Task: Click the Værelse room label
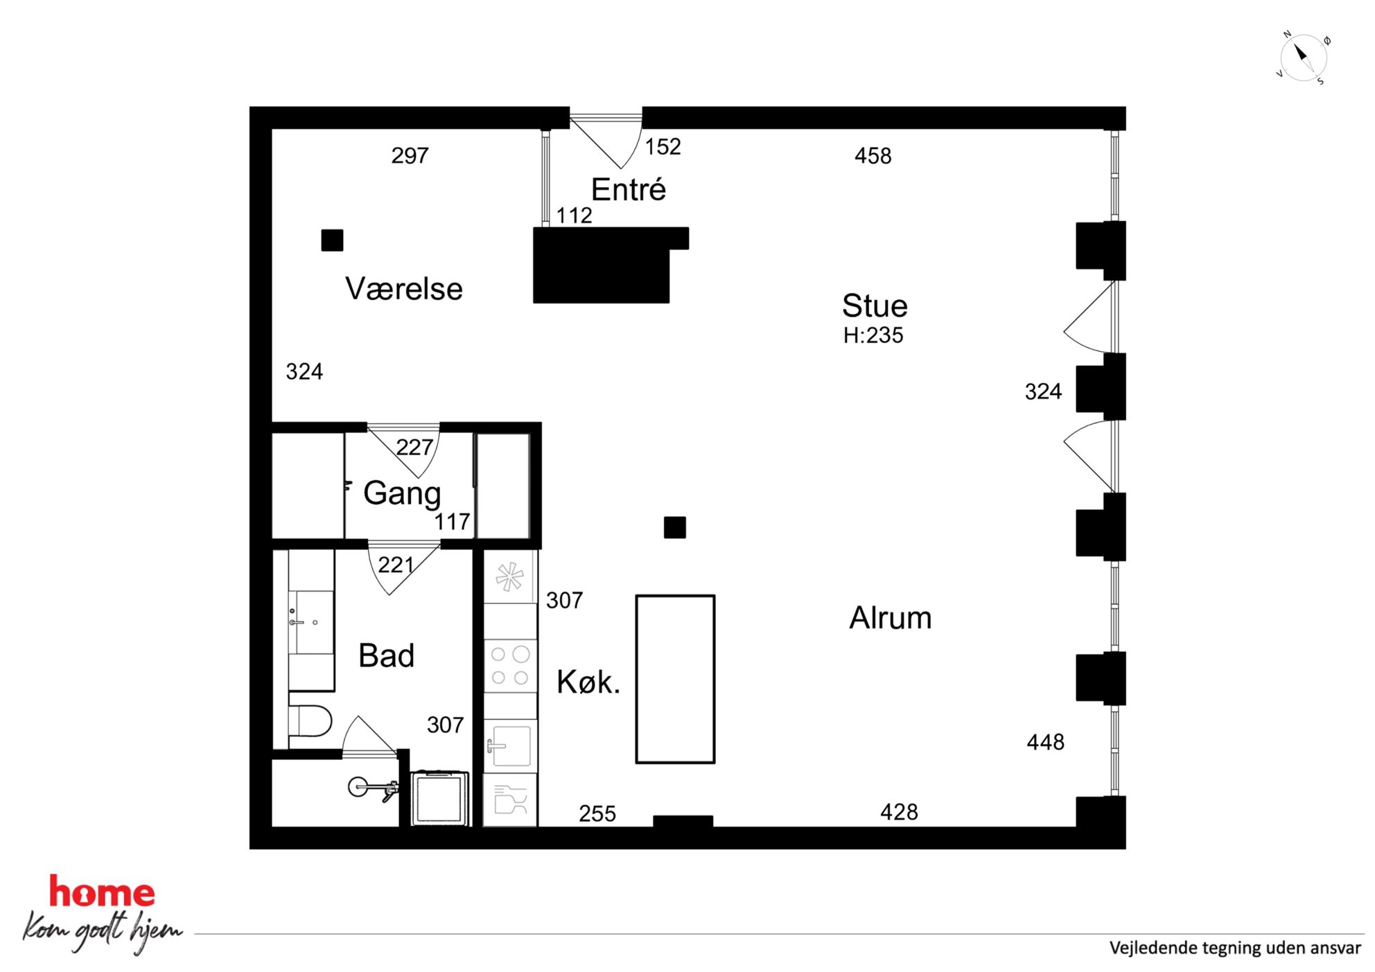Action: coord(404,289)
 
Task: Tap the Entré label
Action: coord(629,189)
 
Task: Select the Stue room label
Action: coord(875,306)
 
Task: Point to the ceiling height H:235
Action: coord(873,335)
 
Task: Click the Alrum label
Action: coord(891,617)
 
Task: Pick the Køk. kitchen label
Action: coord(588,682)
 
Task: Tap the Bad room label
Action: coord(386,655)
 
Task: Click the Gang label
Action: coord(402,494)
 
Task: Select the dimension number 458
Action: coord(873,156)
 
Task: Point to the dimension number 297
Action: coord(410,155)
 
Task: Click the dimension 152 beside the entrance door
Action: coord(663,146)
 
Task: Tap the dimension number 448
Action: coord(1046,742)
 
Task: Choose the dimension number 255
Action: coord(597,813)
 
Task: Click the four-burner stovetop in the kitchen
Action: coord(510,665)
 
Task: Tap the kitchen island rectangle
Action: coord(675,679)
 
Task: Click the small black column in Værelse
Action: coord(332,240)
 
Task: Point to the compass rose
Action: coord(1303,58)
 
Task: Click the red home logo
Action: coord(102,892)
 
